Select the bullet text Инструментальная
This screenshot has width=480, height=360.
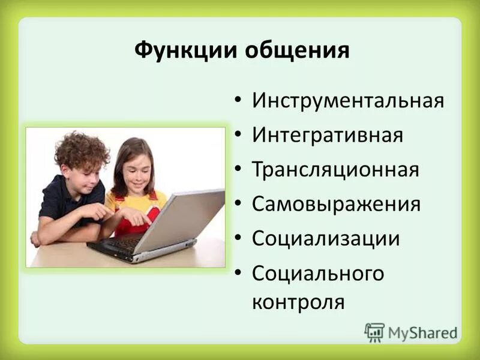(348, 100)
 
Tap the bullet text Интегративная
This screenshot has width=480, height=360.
(327, 134)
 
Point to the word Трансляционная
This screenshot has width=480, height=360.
(335, 169)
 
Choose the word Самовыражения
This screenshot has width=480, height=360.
(336, 203)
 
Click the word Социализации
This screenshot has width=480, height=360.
(326, 238)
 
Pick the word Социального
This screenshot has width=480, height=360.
(318, 273)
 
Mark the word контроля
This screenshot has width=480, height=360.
(298, 301)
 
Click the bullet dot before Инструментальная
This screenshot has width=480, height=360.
(239, 100)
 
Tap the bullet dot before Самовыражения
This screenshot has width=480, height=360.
(239, 204)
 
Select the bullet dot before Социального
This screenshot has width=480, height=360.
(239, 274)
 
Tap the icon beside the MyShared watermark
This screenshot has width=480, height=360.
(374, 332)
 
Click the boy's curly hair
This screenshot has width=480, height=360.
(81, 150)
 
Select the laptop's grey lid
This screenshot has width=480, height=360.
(180, 219)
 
